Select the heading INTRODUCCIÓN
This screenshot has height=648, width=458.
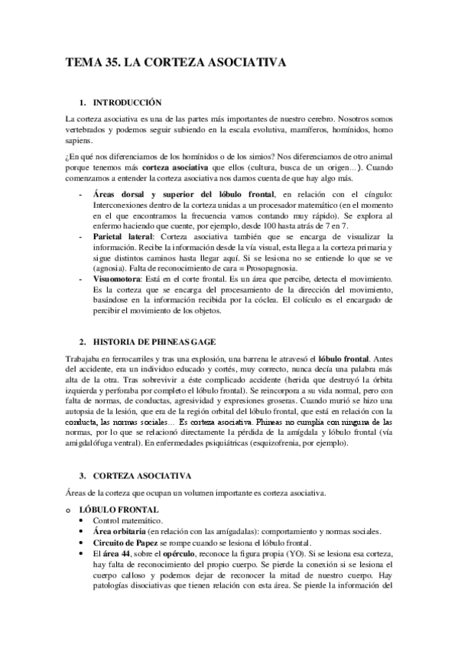point(128,102)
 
